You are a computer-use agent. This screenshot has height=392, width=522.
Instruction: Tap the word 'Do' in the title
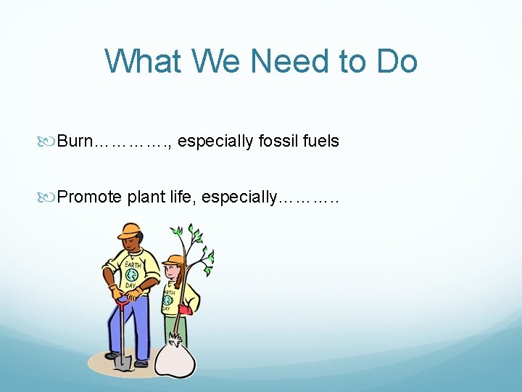click(397, 61)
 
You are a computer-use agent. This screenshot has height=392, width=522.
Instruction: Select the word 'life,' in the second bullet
click(182, 197)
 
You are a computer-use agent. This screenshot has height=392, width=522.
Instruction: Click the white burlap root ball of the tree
click(173, 356)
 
